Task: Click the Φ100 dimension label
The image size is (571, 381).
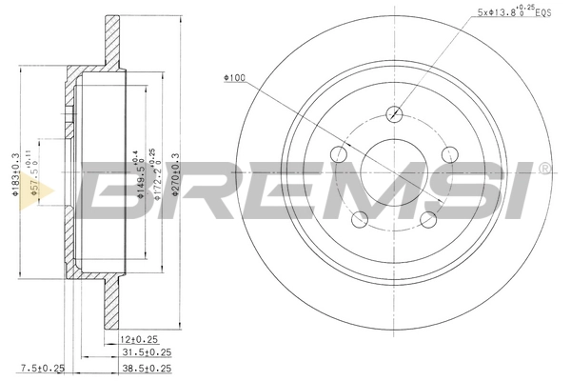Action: (x=234, y=79)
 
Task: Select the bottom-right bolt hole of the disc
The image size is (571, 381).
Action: (x=428, y=220)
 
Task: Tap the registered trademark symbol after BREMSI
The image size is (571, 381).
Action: (x=544, y=170)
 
